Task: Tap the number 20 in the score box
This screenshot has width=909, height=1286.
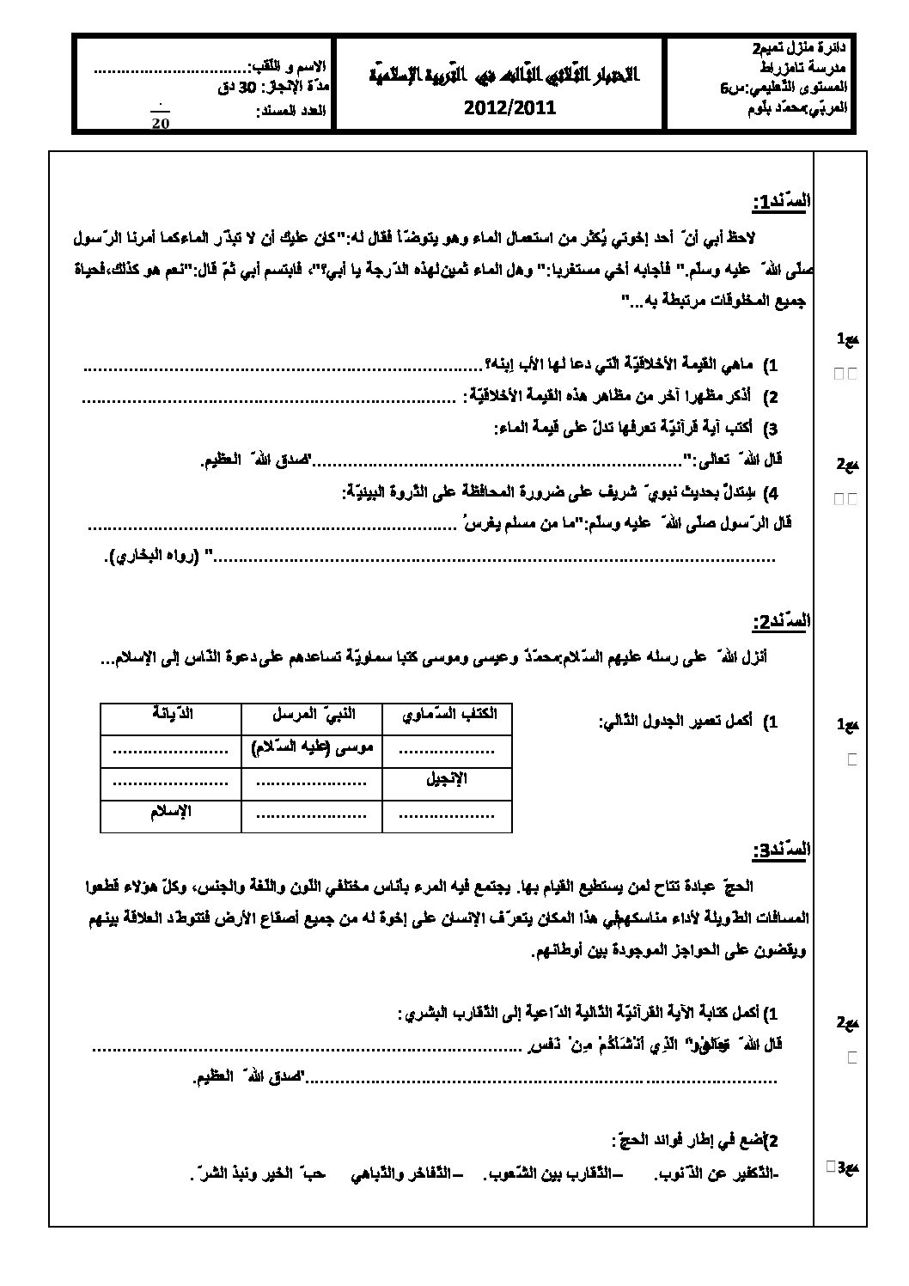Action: tap(161, 123)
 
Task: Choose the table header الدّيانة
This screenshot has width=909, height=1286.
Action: tap(171, 714)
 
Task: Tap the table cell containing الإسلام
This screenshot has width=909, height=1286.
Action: tap(171, 812)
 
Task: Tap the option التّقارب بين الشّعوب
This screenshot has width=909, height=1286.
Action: tap(549, 1174)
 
